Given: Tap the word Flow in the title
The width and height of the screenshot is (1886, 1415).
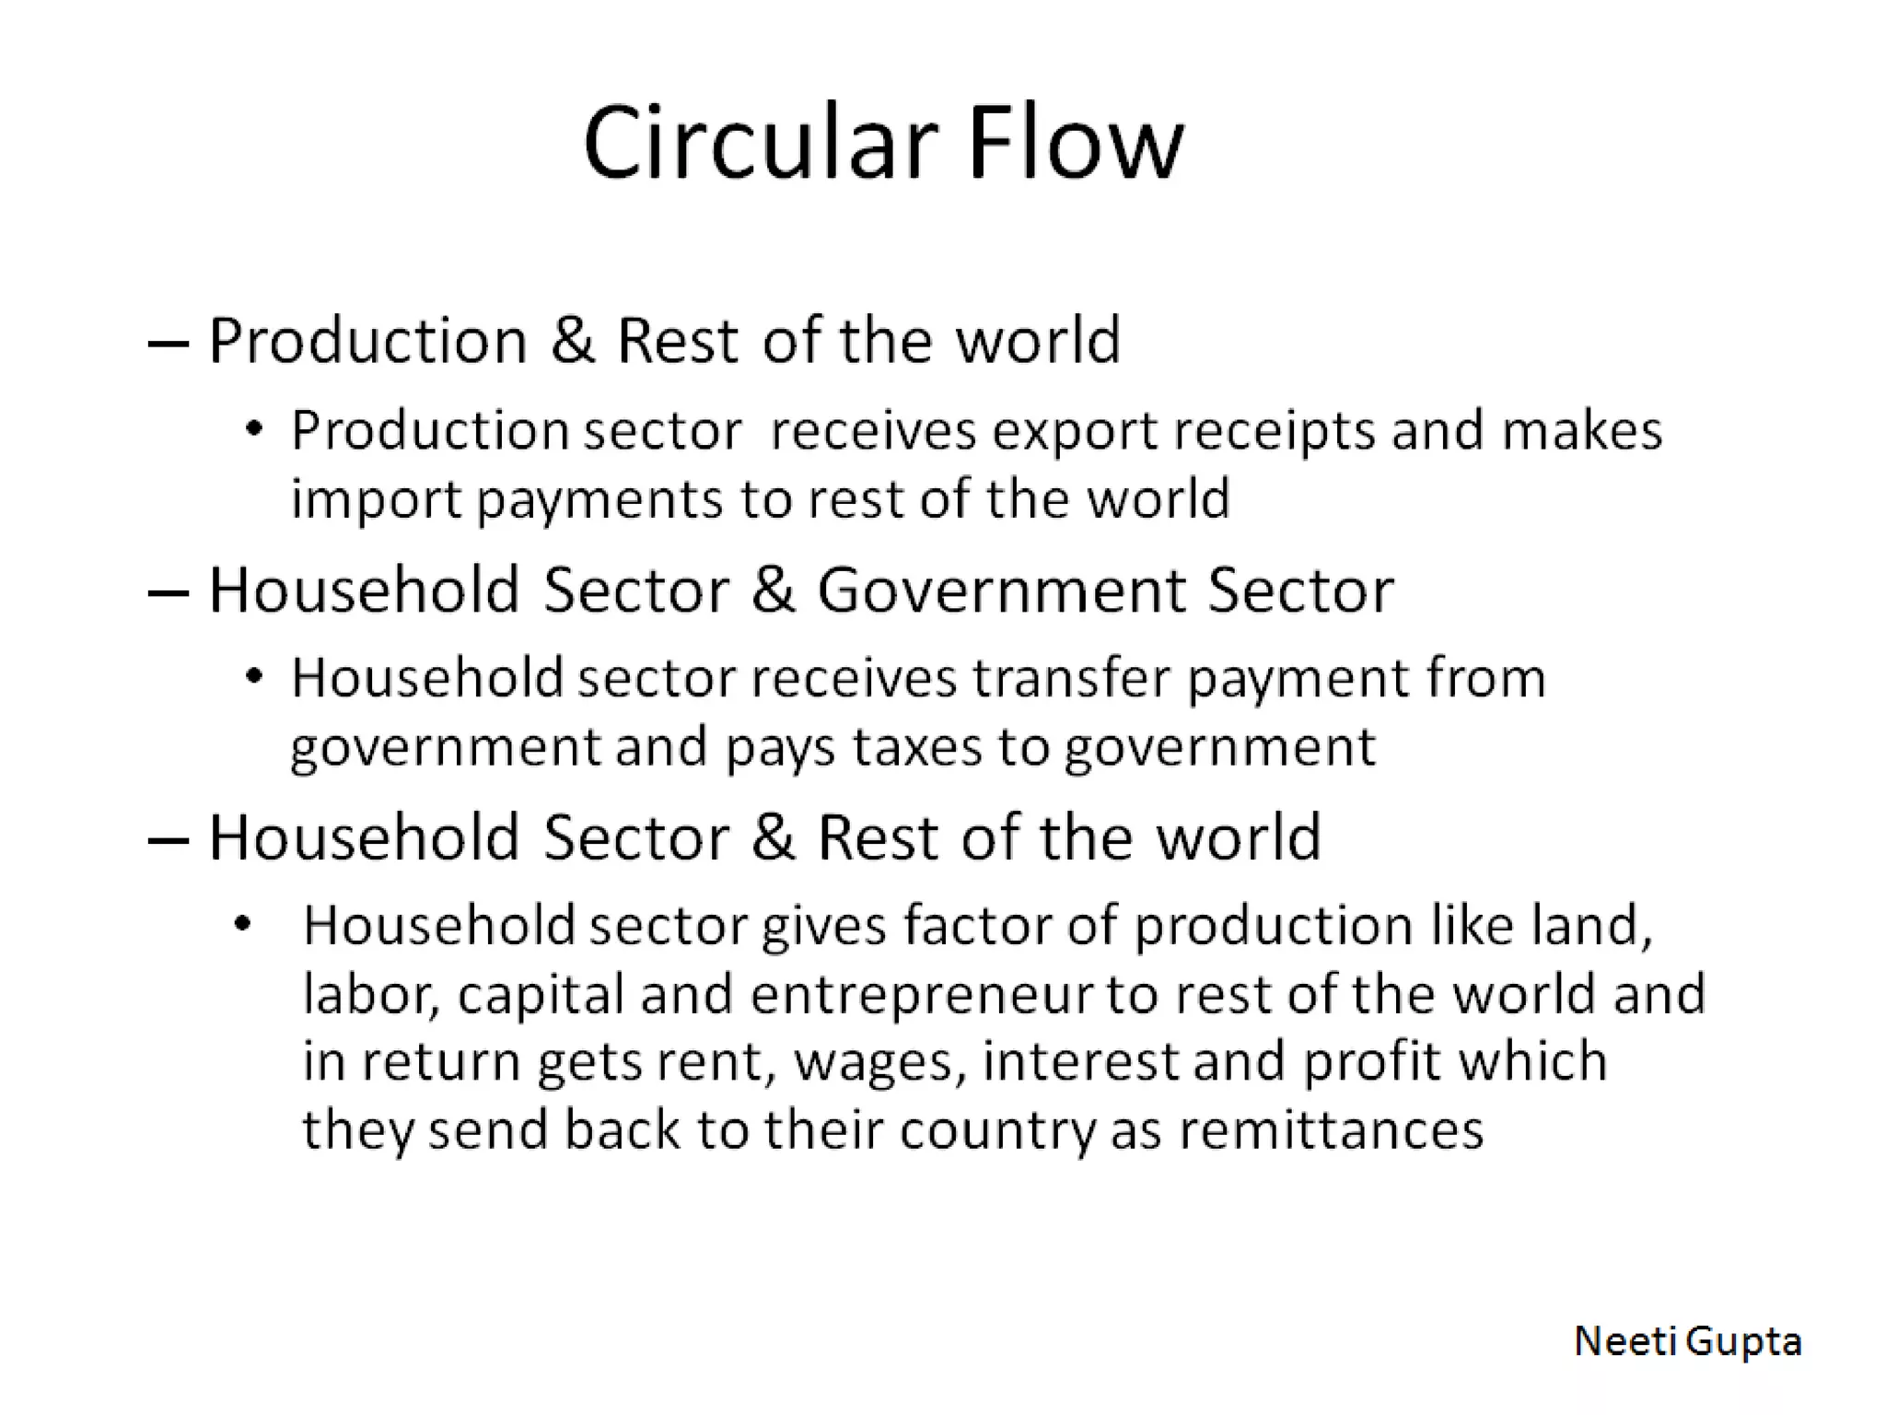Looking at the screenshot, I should point(1075,145).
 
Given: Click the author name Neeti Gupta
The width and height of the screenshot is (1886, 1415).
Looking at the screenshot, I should point(1687,1341).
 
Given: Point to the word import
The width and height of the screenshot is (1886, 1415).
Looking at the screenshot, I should point(377,500).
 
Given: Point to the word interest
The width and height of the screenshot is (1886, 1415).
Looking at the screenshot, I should point(1080,1061).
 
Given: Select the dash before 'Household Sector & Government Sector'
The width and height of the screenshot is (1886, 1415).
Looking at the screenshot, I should point(168,592).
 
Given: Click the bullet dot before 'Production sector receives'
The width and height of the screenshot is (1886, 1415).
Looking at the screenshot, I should point(255,428).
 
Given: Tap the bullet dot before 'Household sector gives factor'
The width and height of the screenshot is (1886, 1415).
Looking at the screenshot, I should point(242,924).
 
